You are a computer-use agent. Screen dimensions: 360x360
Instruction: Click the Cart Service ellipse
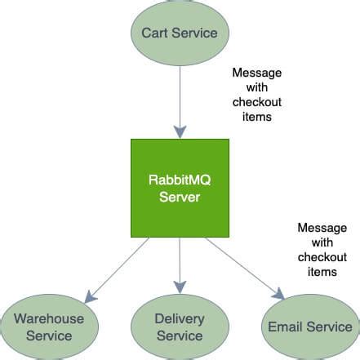pyautogui.click(x=179, y=33)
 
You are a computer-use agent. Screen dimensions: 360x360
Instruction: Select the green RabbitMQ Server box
pyautogui.click(x=180, y=189)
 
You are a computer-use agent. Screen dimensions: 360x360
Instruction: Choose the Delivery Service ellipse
pyautogui.click(x=180, y=327)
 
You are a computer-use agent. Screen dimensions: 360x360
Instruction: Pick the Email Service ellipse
pyautogui.click(x=309, y=327)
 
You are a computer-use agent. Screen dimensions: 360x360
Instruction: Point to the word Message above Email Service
pyautogui.click(x=321, y=227)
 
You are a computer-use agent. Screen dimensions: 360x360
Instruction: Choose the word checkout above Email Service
pyautogui.click(x=321, y=256)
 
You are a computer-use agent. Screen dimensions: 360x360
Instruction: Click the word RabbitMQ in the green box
pyautogui.click(x=180, y=181)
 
